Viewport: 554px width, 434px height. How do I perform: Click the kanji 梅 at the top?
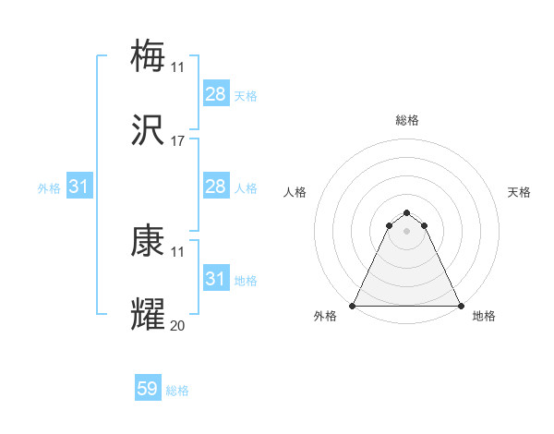click(x=149, y=55)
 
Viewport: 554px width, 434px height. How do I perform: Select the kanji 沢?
click(x=149, y=132)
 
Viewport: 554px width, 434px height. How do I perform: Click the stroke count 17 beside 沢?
click(x=178, y=141)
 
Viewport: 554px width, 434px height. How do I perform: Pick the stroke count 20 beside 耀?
click(x=178, y=325)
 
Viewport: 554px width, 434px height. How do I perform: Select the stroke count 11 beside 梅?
click(x=178, y=66)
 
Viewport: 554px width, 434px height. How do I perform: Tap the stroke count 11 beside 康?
click(x=178, y=251)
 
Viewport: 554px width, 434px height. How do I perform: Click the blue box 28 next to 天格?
click(x=216, y=94)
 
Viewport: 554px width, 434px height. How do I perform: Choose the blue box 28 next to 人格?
click(x=216, y=187)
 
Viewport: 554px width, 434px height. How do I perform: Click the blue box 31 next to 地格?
click(x=216, y=279)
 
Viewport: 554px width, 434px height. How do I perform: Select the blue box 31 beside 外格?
click(x=79, y=187)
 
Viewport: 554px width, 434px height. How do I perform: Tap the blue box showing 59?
click(x=148, y=390)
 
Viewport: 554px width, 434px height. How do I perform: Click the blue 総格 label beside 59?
click(x=177, y=391)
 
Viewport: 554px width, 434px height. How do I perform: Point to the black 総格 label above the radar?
click(x=407, y=120)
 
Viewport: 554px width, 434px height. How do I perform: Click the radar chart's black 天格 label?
click(x=519, y=192)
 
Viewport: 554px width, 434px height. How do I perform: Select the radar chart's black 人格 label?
click(x=295, y=192)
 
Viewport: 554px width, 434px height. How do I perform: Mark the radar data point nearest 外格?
click(x=353, y=306)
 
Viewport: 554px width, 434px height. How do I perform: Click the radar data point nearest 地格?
click(x=460, y=306)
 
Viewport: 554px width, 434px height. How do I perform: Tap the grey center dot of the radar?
click(x=406, y=231)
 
